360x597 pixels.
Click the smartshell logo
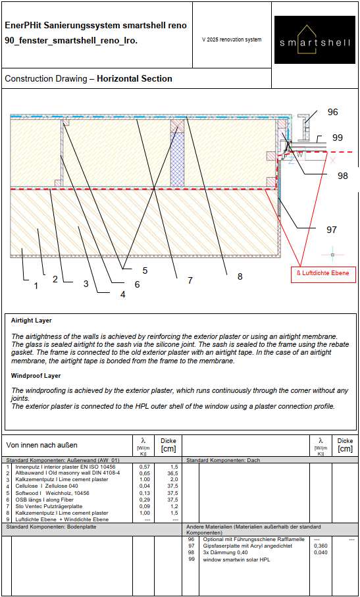pos(315,39)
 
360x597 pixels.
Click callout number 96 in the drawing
pos(332,112)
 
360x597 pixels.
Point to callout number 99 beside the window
pos(337,138)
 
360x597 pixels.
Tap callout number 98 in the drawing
pos(342,176)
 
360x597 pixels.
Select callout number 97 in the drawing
pos(332,230)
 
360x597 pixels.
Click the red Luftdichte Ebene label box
pos(323,273)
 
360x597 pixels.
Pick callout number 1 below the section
pos(36,285)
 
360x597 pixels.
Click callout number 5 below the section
pos(145,271)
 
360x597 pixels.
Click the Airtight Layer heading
pos(31,321)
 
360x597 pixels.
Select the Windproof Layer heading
pos(36,376)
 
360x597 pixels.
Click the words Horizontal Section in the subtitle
pos(135,79)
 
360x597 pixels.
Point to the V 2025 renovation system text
pos(232,39)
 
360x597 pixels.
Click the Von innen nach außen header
pos(42,445)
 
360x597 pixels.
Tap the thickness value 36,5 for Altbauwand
pos(173,473)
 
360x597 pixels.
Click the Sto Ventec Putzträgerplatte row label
pos(50,506)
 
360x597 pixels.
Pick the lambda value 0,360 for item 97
pos(319,546)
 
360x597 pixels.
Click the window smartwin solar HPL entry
pos(236,559)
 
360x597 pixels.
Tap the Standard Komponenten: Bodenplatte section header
pos(49,527)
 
